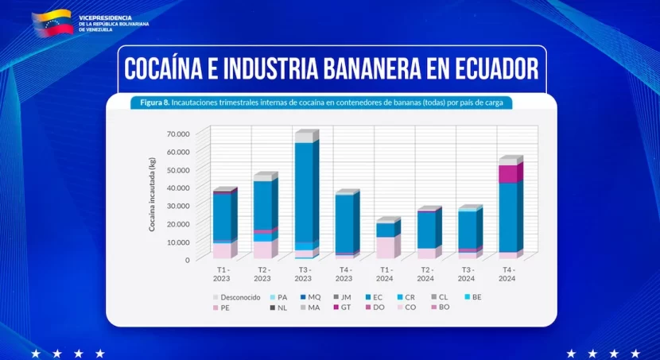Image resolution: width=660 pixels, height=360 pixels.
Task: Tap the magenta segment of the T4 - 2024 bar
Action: pos(509,173)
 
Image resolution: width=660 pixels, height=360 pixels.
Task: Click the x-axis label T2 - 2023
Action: pos(262,274)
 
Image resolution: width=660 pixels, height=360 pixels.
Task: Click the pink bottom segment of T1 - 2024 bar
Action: pos(385,248)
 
